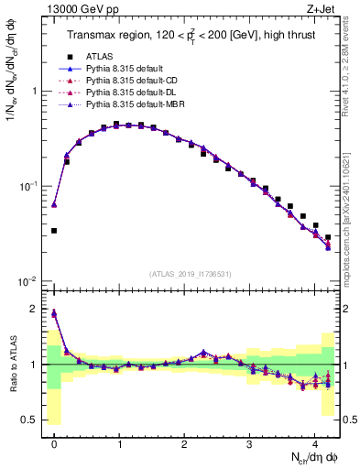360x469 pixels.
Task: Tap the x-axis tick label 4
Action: (x=314, y=442)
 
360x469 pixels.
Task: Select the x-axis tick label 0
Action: (x=55, y=442)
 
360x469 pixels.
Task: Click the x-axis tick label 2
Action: (x=184, y=442)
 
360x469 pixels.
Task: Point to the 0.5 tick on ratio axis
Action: (x=32, y=420)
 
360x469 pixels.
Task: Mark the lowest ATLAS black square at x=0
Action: (x=54, y=231)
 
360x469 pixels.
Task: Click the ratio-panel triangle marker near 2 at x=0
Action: (x=54, y=313)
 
